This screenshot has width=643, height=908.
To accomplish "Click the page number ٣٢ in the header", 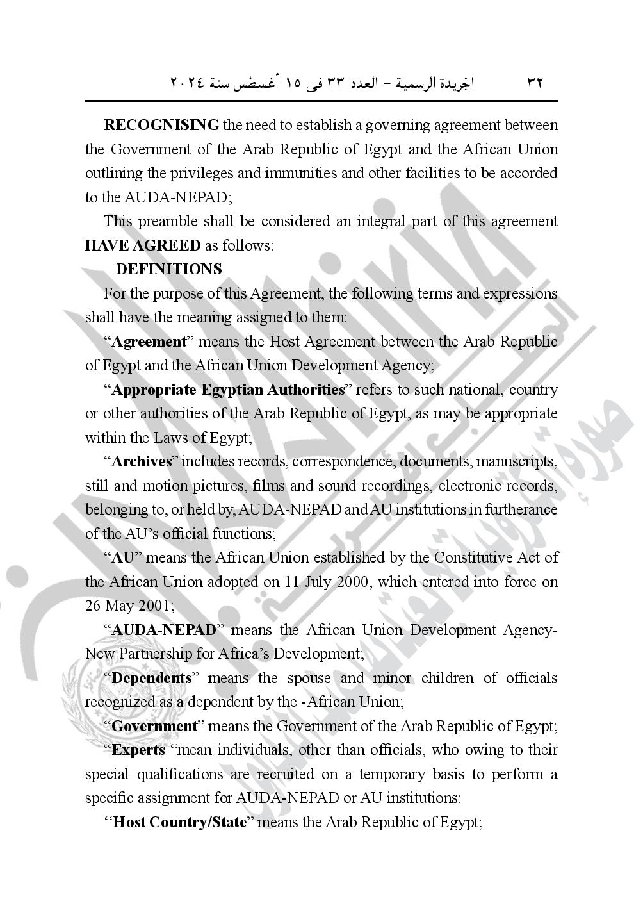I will [x=535, y=83].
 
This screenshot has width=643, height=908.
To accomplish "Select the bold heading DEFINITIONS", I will [x=169, y=269].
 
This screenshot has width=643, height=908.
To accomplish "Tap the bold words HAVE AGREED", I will [x=143, y=245].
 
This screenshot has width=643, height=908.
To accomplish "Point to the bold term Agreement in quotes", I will [x=149, y=342].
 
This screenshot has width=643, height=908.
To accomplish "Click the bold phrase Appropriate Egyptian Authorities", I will [x=228, y=390].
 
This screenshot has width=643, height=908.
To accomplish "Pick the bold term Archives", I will [x=142, y=461].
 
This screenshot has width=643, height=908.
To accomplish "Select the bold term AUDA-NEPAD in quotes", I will [x=164, y=630].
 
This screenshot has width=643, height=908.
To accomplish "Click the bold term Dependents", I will [x=152, y=678].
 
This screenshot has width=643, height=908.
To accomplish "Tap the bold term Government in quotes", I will [x=154, y=726].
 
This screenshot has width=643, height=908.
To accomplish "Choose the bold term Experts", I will [x=138, y=750].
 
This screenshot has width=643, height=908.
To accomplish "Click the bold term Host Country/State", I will [x=179, y=822].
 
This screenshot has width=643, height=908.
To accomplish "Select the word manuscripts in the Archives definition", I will [x=517, y=461].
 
